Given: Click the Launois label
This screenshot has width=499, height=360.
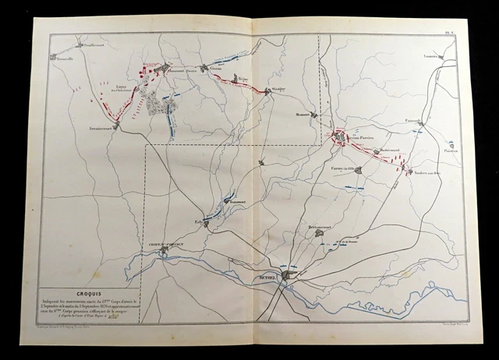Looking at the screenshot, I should [x=434, y=56].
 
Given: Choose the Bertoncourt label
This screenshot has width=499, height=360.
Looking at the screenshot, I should [x=320, y=227].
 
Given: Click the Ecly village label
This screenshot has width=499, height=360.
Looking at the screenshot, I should [x=200, y=221].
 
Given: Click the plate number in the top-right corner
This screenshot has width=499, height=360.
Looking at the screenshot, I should [x=460, y=31].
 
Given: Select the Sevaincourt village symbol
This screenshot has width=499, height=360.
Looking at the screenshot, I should [x=116, y=125].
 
